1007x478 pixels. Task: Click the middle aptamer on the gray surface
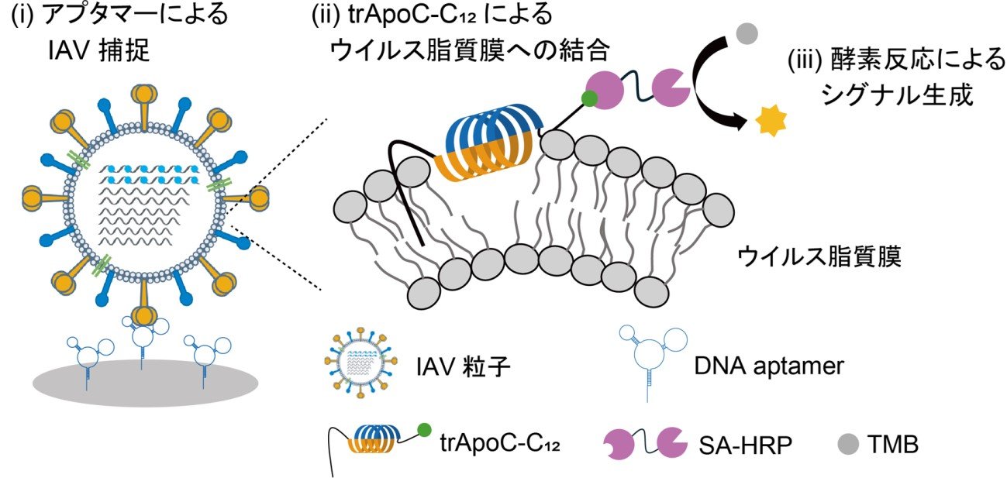click(x=144, y=340)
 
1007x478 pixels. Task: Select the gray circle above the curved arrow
click(x=746, y=33)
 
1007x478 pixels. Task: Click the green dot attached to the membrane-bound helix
click(x=589, y=98)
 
